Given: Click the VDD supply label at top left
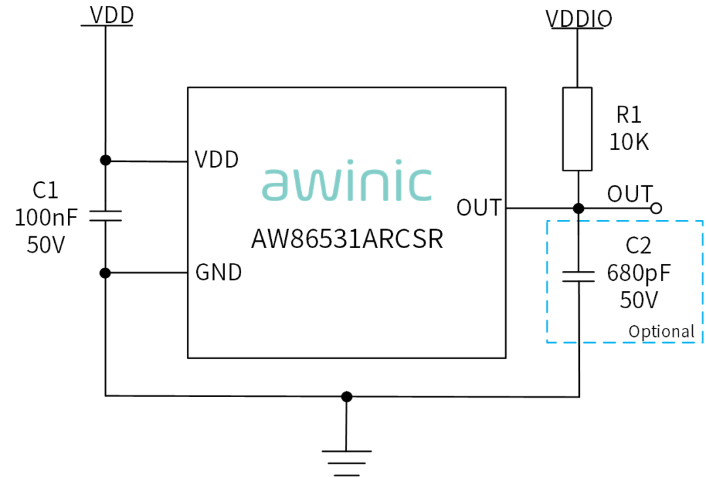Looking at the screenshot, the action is point(112,15).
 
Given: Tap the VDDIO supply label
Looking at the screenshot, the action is point(579,19).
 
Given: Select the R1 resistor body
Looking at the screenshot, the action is point(577,129).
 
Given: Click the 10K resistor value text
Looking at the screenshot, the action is point(629,142).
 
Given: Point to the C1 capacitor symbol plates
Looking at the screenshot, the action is point(105,216).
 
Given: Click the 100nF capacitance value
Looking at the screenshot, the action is point(46,217).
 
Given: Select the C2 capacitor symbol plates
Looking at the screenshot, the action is point(579,276).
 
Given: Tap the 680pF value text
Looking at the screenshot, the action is point(639,273).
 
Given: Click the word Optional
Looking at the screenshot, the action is point(662,332).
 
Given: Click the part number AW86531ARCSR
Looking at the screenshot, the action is point(347,239).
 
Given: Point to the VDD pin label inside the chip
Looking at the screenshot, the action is point(216,159).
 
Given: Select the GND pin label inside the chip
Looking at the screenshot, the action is point(218,272).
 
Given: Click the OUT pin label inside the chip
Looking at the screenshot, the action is point(479,208).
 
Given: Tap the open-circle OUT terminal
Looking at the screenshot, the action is point(656,208).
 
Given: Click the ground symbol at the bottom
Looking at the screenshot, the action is point(346,463).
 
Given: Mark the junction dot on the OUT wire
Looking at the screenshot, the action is point(579,208).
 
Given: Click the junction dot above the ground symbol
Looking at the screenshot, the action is point(346,396).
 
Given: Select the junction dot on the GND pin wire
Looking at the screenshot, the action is point(105,273).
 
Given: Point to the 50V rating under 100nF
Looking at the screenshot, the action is point(46,245).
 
